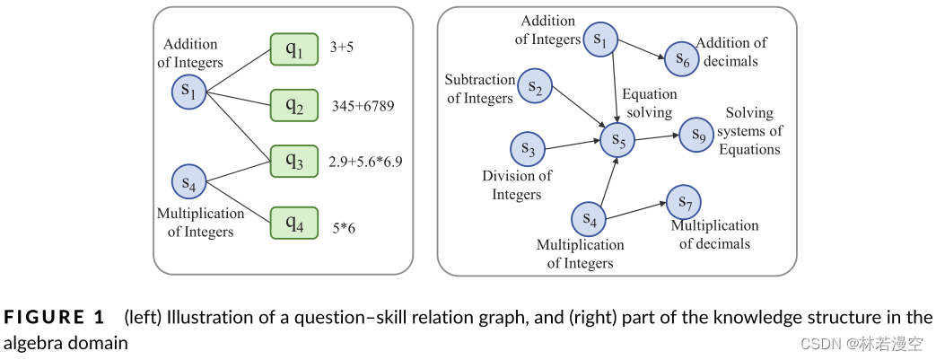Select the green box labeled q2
coord(294,105)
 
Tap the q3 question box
coord(294,162)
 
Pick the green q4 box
coord(294,222)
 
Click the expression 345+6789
coord(363,106)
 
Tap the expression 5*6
coord(345,229)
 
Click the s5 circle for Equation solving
coord(618,139)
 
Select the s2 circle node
coord(535,86)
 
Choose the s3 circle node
coord(529,150)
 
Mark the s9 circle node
coord(697,135)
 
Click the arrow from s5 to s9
coord(658,137)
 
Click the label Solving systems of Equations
coord(750,131)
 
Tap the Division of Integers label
coord(517,185)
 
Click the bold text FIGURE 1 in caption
coord(55,317)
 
